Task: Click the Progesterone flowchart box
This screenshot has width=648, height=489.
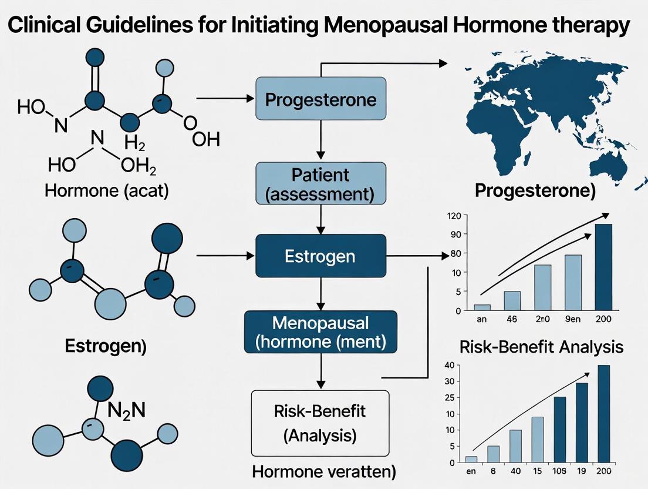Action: tap(320, 99)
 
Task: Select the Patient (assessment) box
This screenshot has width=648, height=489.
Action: tap(320, 183)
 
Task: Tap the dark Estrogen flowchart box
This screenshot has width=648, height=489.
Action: tap(320, 256)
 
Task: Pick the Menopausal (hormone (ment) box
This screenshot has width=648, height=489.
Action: tap(320, 331)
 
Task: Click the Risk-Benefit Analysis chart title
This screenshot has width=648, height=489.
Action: tap(541, 347)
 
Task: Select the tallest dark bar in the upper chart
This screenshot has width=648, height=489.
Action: tap(603, 267)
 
